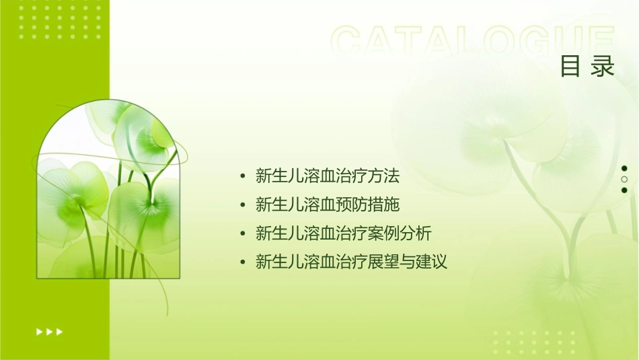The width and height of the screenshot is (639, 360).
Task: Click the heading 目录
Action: coord(587,67)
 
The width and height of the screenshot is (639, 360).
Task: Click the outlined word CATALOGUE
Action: coord(473,41)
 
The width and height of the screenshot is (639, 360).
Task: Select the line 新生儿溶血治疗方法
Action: coord(328,176)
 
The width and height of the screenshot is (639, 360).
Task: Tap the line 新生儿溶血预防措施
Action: coord(328,205)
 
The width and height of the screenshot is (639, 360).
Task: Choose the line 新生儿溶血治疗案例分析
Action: coord(344,233)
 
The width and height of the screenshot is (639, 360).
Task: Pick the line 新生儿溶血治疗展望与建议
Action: coord(351,262)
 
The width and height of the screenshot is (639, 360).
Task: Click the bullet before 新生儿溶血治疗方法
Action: coord(243,177)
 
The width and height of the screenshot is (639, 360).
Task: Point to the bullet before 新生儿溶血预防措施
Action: coord(243,205)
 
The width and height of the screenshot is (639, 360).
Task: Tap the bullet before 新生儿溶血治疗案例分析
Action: coord(243,234)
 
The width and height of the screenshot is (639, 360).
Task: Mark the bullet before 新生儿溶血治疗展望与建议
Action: coord(243,262)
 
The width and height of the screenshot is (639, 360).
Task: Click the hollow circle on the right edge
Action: coord(624,179)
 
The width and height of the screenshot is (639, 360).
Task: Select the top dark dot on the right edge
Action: coord(624,168)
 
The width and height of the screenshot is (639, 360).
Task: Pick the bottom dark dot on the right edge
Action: coord(624,190)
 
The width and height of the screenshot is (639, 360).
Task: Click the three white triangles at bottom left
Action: coord(49,332)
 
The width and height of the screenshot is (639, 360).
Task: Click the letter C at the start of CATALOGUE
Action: coord(349,41)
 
